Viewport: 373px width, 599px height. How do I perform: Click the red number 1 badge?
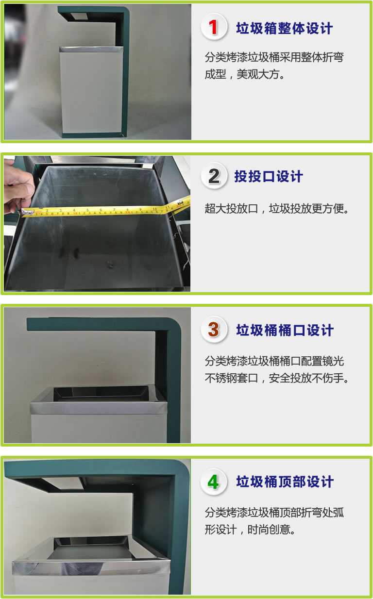[x=214, y=27]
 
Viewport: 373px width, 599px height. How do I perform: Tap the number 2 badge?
[x=214, y=176]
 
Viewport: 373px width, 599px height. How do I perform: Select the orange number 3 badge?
[x=214, y=330]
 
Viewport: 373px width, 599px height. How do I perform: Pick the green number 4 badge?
[x=214, y=482]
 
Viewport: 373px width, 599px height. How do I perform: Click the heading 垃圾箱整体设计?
[x=285, y=28]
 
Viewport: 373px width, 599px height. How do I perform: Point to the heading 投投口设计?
[x=269, y=177]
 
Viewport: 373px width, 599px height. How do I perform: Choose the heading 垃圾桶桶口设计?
[x=285, y=330]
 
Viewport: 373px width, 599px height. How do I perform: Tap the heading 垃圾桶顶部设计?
[x=285, y=482]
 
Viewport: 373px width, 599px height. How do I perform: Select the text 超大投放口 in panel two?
[x=232, y=209]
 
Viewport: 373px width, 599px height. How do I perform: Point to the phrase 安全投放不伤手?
[x=306, y=378]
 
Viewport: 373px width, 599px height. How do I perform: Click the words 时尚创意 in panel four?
[x=269, y=530]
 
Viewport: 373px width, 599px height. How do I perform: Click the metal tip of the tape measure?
[x=27, y=212]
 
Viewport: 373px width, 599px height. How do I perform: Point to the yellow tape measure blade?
[x=107, y=209]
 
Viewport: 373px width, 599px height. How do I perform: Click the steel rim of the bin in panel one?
[x=91, y=49]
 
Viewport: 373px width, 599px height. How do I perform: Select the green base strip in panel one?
[x=92, y=135]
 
